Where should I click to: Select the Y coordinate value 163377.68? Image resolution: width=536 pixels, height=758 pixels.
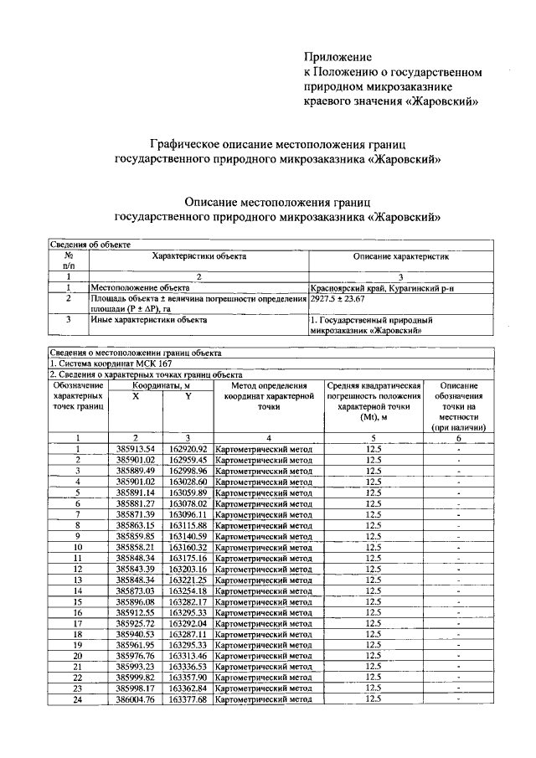click(x=188, y=699)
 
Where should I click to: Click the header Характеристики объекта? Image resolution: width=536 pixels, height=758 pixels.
click(x=198, y=255)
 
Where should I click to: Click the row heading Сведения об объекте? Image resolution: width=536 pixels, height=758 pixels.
click(x=89, y=244)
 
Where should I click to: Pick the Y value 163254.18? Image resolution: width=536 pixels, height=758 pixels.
click(x=188, y=590)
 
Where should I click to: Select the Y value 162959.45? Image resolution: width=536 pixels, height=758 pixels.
click(x=188, y=460)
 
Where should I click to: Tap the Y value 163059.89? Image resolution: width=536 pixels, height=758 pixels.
click(x=188, y=492)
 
